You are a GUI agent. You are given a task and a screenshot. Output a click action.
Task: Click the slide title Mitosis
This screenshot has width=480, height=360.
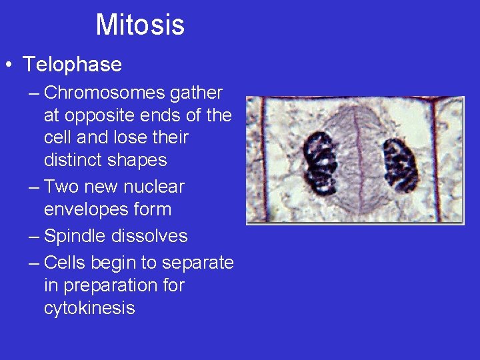tap(140, 25)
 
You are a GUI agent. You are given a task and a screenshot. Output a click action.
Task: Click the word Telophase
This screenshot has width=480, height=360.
tap(72, 65)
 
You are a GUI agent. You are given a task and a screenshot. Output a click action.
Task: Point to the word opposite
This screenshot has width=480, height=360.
tap(96, 115)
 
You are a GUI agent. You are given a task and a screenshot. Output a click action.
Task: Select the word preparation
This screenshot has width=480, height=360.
tap(116, 285)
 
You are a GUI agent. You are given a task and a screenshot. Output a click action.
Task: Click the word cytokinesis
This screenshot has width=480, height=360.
tap(89, 308)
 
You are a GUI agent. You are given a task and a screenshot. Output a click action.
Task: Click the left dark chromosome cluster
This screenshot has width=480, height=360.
tap(320, 162)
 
